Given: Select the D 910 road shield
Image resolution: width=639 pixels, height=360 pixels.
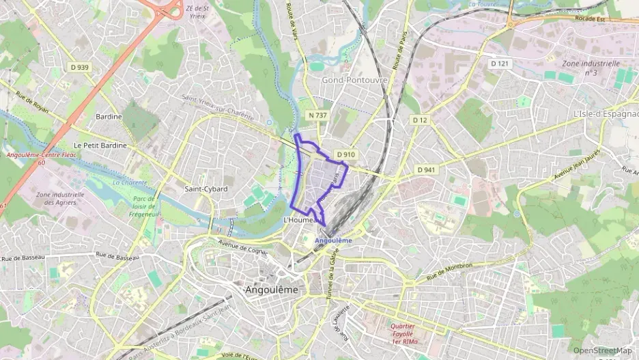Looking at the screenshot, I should pos(346,154).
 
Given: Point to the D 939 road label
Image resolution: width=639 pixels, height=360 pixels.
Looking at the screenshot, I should pos(79,67).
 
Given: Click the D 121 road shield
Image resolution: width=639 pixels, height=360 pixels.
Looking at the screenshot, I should pos(500,63).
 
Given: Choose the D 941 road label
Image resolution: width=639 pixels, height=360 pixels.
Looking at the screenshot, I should pos(425,169).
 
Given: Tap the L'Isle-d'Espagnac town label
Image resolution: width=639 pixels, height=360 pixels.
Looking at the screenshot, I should pos(605,113).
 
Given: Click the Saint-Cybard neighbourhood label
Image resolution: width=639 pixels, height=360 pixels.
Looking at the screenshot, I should pos(205,189).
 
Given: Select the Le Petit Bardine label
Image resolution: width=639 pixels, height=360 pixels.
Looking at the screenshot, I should pos(97,146).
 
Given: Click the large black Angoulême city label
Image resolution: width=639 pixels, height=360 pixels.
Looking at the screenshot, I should pos(271,290).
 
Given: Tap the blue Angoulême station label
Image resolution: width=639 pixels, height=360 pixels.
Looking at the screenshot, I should pos(334,240).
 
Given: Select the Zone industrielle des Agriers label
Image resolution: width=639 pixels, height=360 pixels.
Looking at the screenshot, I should pos(60,198).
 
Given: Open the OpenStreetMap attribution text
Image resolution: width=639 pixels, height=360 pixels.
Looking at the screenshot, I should pos(602,350).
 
